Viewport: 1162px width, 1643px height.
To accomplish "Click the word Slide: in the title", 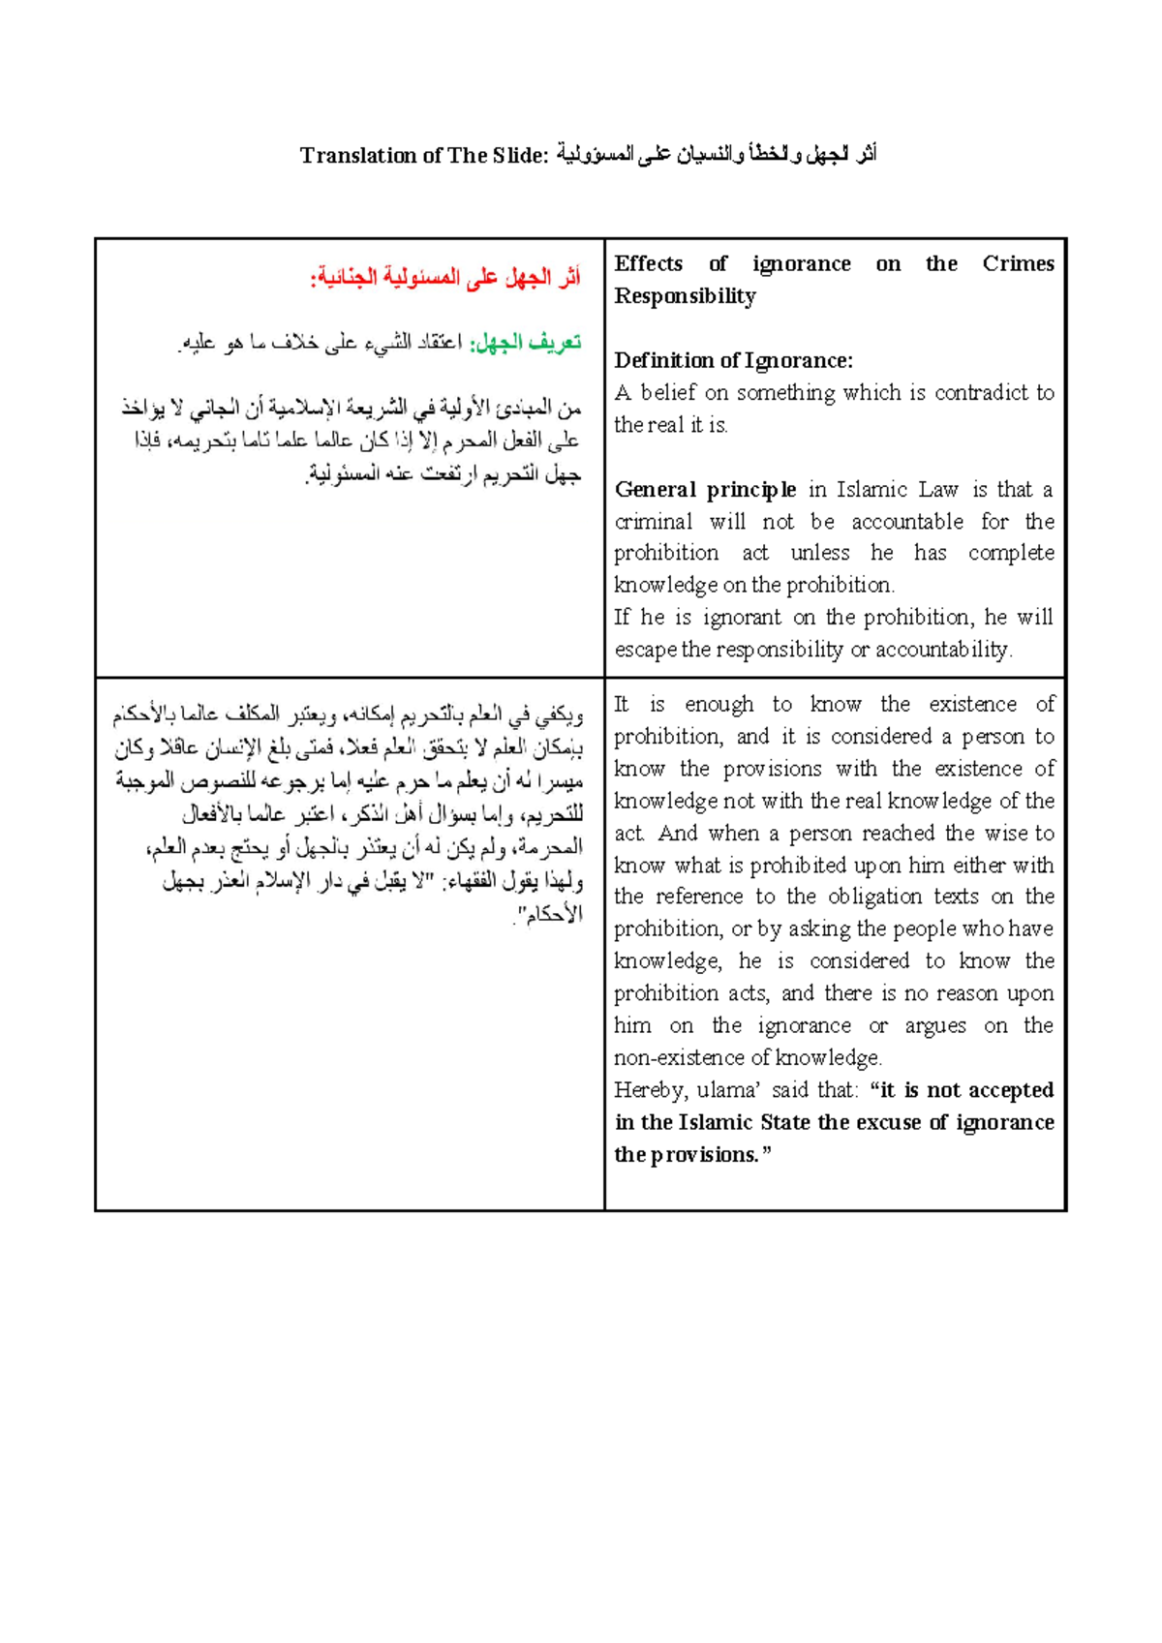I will pyautogui.click(x=520, y=155).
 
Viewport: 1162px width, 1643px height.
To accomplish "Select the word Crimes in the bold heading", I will pyautogui.click(x=1017, y=263).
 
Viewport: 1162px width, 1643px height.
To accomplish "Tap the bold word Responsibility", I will pyautogui.click(x=685, y=295).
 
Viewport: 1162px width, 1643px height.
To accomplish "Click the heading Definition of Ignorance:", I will pyautogui.click(x=733, y=360).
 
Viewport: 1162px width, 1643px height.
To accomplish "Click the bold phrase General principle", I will pyautogui.click(x=705, y=489).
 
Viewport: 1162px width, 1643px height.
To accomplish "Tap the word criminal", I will pyautogui.click(x=653, y=521).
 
